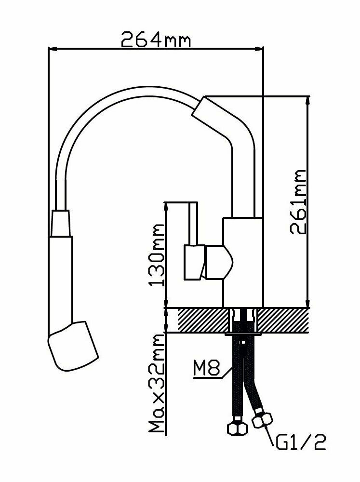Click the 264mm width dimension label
(x=156, y=39)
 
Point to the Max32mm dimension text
(x=156, y=382)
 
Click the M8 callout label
(x=206, y=370)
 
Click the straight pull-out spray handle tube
(x=62, y=280)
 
